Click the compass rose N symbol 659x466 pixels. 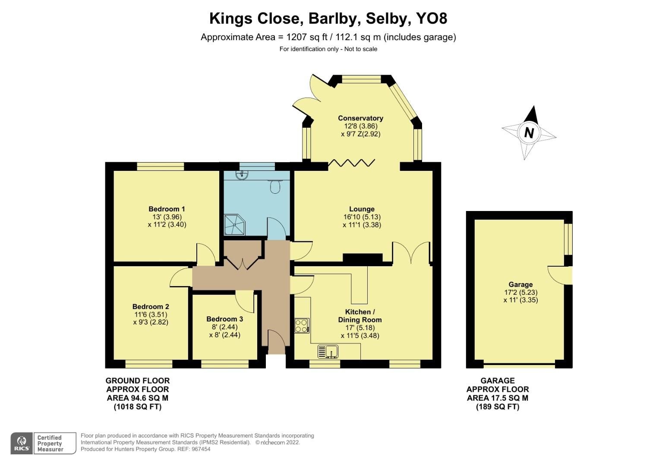[x=529, y=132]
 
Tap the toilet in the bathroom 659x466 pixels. [x=274, y=186]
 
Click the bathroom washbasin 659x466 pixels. [x=242, y=175]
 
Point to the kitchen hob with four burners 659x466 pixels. [x=302, y=325]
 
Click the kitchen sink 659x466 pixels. [x=328, y=352]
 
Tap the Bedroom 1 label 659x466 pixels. [x=167, y=209]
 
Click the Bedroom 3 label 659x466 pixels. [x=224, y=319]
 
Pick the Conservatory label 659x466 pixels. [x=360, y=118]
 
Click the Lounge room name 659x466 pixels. [x=362, y=209]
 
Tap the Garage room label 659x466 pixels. [x=520, y=284]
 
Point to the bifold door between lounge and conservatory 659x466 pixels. [x=351, y=163]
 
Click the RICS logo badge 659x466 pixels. [x=22, y=443]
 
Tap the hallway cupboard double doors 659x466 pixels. [x=243, y=261]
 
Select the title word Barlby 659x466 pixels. [x=332, y=19]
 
